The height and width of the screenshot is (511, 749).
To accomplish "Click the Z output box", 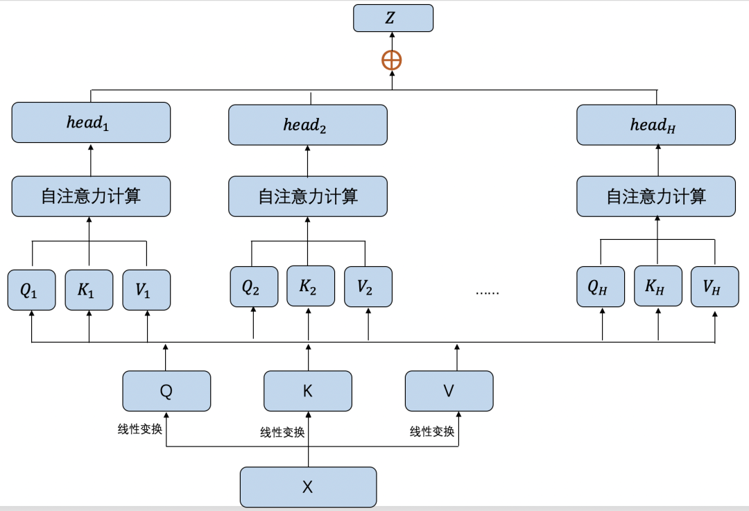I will coord(393,18).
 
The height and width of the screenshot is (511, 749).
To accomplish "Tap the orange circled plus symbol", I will coord(392,60).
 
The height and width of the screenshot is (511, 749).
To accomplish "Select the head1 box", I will coord(91,123).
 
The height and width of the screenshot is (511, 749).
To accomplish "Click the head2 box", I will coord(308,125).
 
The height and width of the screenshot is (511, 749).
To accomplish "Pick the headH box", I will coord(656,125).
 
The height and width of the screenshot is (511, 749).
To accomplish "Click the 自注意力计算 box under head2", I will coord(308,196).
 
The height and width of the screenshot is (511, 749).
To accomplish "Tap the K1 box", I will coord(89,290).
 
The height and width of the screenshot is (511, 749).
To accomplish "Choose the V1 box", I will coord(146,290).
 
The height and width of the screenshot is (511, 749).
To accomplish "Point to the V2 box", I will coord(368,286).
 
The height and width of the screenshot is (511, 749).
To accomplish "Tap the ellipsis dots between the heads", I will coord(487,292).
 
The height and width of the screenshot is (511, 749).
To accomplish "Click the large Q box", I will coord(166,391).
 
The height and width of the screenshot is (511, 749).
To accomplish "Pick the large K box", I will coord(308,391).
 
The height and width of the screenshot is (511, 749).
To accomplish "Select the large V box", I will coord(449,391).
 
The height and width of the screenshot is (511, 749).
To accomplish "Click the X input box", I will coord(308,487).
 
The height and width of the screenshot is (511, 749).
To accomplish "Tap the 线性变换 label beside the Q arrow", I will coord(140,429).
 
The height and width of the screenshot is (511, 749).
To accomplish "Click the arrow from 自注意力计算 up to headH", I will coord(656,160).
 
